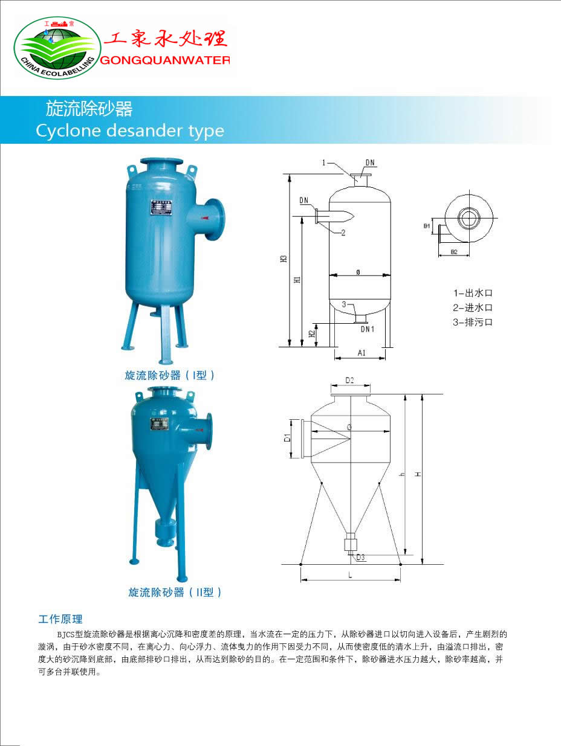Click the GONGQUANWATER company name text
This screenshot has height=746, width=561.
point(164,60)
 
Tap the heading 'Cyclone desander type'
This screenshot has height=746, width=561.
point(130,130)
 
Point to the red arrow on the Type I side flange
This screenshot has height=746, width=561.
point(207,214)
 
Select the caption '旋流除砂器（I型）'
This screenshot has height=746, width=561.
point(170,375)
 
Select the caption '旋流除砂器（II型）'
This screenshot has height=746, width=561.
point(175,593)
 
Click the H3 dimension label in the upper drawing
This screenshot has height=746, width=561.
point(284,259)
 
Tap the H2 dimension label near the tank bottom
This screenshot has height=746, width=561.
point(311,334)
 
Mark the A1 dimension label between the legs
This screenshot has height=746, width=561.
point(361,353)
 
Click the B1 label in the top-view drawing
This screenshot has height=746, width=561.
point(427,226)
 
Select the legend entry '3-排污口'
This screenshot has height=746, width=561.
point(473,322)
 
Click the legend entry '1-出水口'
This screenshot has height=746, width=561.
point(473,293)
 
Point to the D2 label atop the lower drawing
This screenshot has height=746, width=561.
point(349,380)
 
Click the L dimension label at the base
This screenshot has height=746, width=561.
point(350,575)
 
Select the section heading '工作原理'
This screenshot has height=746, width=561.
point(60,619)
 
